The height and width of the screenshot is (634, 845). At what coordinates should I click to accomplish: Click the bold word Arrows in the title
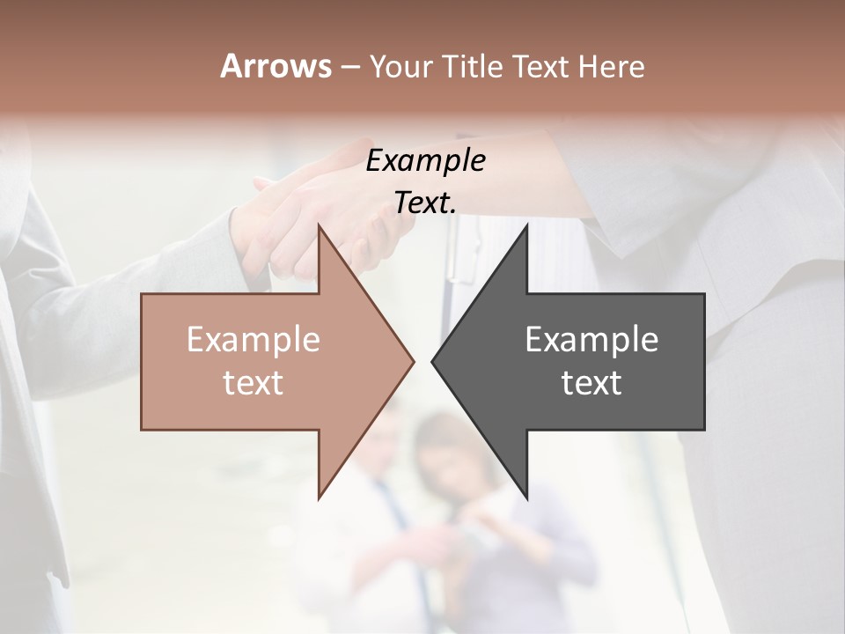point(276,66)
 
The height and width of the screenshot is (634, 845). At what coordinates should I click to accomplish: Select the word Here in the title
point(612,67)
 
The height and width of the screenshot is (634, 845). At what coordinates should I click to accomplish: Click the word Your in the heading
point(401,67)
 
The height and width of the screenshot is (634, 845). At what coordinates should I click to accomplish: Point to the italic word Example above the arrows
point(425,161)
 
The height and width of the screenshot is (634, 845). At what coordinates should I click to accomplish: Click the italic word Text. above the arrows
point(425,203)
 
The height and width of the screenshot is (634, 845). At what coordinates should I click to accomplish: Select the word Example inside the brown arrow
point(253,340)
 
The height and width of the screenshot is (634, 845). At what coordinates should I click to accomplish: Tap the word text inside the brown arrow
point(253,383)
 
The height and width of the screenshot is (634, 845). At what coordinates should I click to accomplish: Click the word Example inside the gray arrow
point(591,340)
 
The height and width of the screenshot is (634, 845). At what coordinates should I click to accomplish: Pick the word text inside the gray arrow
point(591,383)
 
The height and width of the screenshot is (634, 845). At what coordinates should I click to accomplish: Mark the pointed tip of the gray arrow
point(433,361)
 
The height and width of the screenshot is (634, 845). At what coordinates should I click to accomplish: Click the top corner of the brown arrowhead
point(320,227)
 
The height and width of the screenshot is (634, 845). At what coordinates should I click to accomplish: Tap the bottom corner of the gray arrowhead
point(526,497)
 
